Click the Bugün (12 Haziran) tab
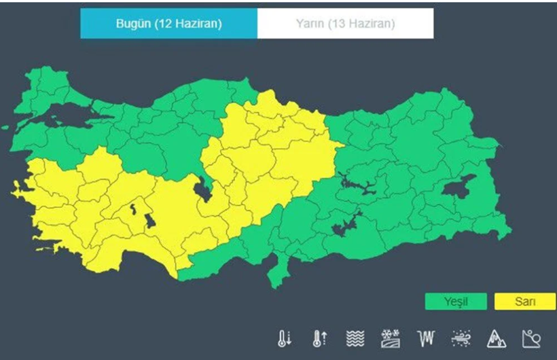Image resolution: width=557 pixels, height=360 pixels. (168, 24)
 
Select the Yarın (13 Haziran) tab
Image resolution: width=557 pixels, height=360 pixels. (345, 24)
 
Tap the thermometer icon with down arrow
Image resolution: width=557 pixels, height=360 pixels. (285, 338)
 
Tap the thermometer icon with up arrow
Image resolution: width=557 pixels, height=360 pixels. (320, 338)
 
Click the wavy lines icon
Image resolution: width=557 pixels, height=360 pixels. (355, 338)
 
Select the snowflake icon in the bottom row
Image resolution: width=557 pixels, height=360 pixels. (391, 338)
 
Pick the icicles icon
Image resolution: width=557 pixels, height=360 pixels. (426, 338)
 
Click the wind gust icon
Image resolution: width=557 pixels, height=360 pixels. (461, 338)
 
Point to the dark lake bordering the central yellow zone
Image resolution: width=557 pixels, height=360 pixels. (202, 190)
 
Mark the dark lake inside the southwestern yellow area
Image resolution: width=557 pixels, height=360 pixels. (149, 219)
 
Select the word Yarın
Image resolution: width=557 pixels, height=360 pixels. (310, 24)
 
